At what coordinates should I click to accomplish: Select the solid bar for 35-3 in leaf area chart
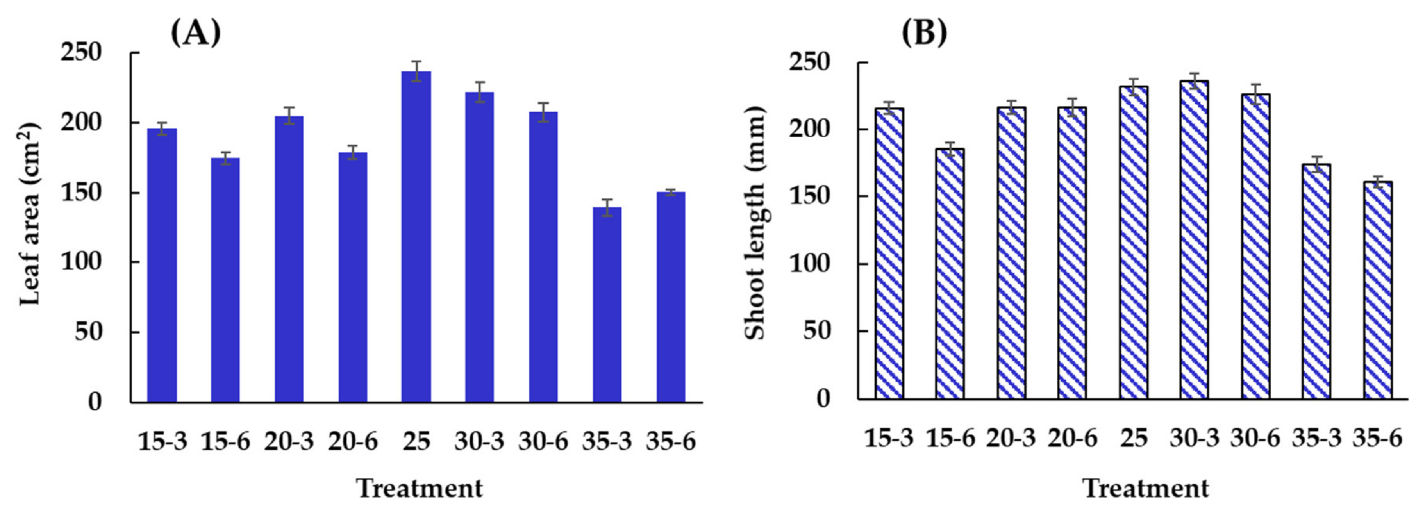[607, 304]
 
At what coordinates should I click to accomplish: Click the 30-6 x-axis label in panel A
[543, 441]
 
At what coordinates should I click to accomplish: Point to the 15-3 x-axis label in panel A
[162, 441]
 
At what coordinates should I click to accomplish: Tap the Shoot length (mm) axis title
[755, 222]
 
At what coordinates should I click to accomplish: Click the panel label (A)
[195, 33]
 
